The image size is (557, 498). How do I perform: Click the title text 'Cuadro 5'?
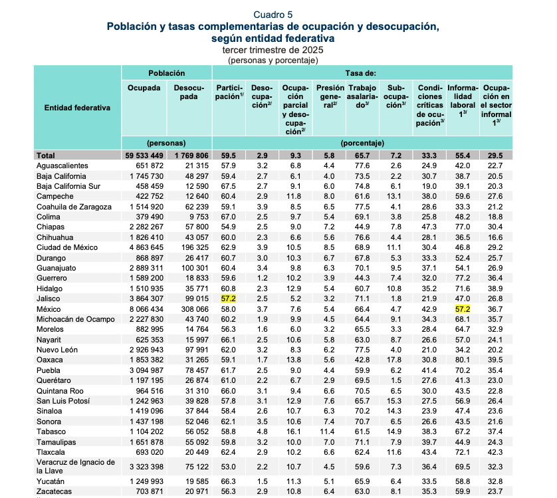[x=273, y=15]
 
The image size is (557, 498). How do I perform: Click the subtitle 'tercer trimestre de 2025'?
[x=273, y=49]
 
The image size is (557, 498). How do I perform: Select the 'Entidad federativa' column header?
[x=77, y=107]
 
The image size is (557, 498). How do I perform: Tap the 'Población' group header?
[x=166, y=72]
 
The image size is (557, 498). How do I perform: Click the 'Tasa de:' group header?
[x=362, y=72]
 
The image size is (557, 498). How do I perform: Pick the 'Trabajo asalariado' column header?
[x=362, y=96]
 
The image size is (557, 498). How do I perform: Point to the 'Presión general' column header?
[x=330, y=96]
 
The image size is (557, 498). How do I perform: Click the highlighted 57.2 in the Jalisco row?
[x=229, y=300]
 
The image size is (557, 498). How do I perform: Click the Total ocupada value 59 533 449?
[x=143, y=155]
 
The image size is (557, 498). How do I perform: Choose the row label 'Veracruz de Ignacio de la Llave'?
[x=76, y=466]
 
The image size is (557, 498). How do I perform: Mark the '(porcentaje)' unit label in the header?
[x=362, y=143]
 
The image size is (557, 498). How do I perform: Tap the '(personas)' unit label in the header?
[x=166, y=143]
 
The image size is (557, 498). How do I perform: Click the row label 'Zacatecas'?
[x=55, y=492]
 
